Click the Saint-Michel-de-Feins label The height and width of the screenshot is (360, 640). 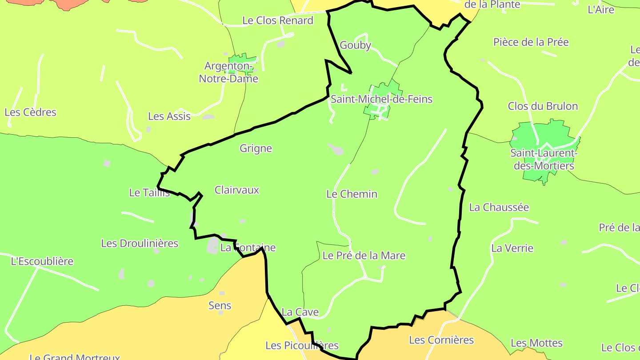pyautogui.click(x=381, y=99)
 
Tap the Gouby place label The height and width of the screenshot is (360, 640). pyautogui.click(x=355, y=45)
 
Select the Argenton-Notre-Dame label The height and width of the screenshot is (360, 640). pyautogui.click(x=228, y=72)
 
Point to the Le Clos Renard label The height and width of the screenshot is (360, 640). pyautogui.click(x=278, y=20)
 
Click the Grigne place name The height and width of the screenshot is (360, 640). pyautogui.click(x=256, y=148)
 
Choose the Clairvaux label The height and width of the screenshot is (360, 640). pyautogui.click(x=237, y=190)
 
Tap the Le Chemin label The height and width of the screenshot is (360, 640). pyautogui.click(x=352, y=194)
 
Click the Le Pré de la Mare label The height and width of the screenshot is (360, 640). pyautogui.click(x=364, y=256)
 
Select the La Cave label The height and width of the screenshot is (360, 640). pyautogui.click(x=300, y=312)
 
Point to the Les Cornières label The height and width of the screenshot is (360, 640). pyautogui.click(x=441, y=340)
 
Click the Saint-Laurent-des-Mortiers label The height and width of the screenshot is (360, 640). pyautogui.click(x=544, y=160)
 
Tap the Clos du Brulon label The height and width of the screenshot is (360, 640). pyautogui.click(x=543, y=106)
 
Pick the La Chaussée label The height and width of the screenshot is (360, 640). pyautogui.click(x=499, y=208)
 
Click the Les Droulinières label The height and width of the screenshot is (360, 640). pyautogui.click(x=140, y=244)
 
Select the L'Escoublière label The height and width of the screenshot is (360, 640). pyautogui.click(x=42, y=261)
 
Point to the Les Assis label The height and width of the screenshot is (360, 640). pyautogui.click(x=169, y=116)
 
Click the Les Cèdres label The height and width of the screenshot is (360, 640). pyautogui.click(x=31, y=112)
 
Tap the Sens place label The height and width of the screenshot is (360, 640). pyautogui.click(x=220, y=306)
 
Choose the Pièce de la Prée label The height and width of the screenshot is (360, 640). pyautogui.click(x=531, y=42)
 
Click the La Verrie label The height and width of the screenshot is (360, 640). pyautogui.click(x=512, y=248)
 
